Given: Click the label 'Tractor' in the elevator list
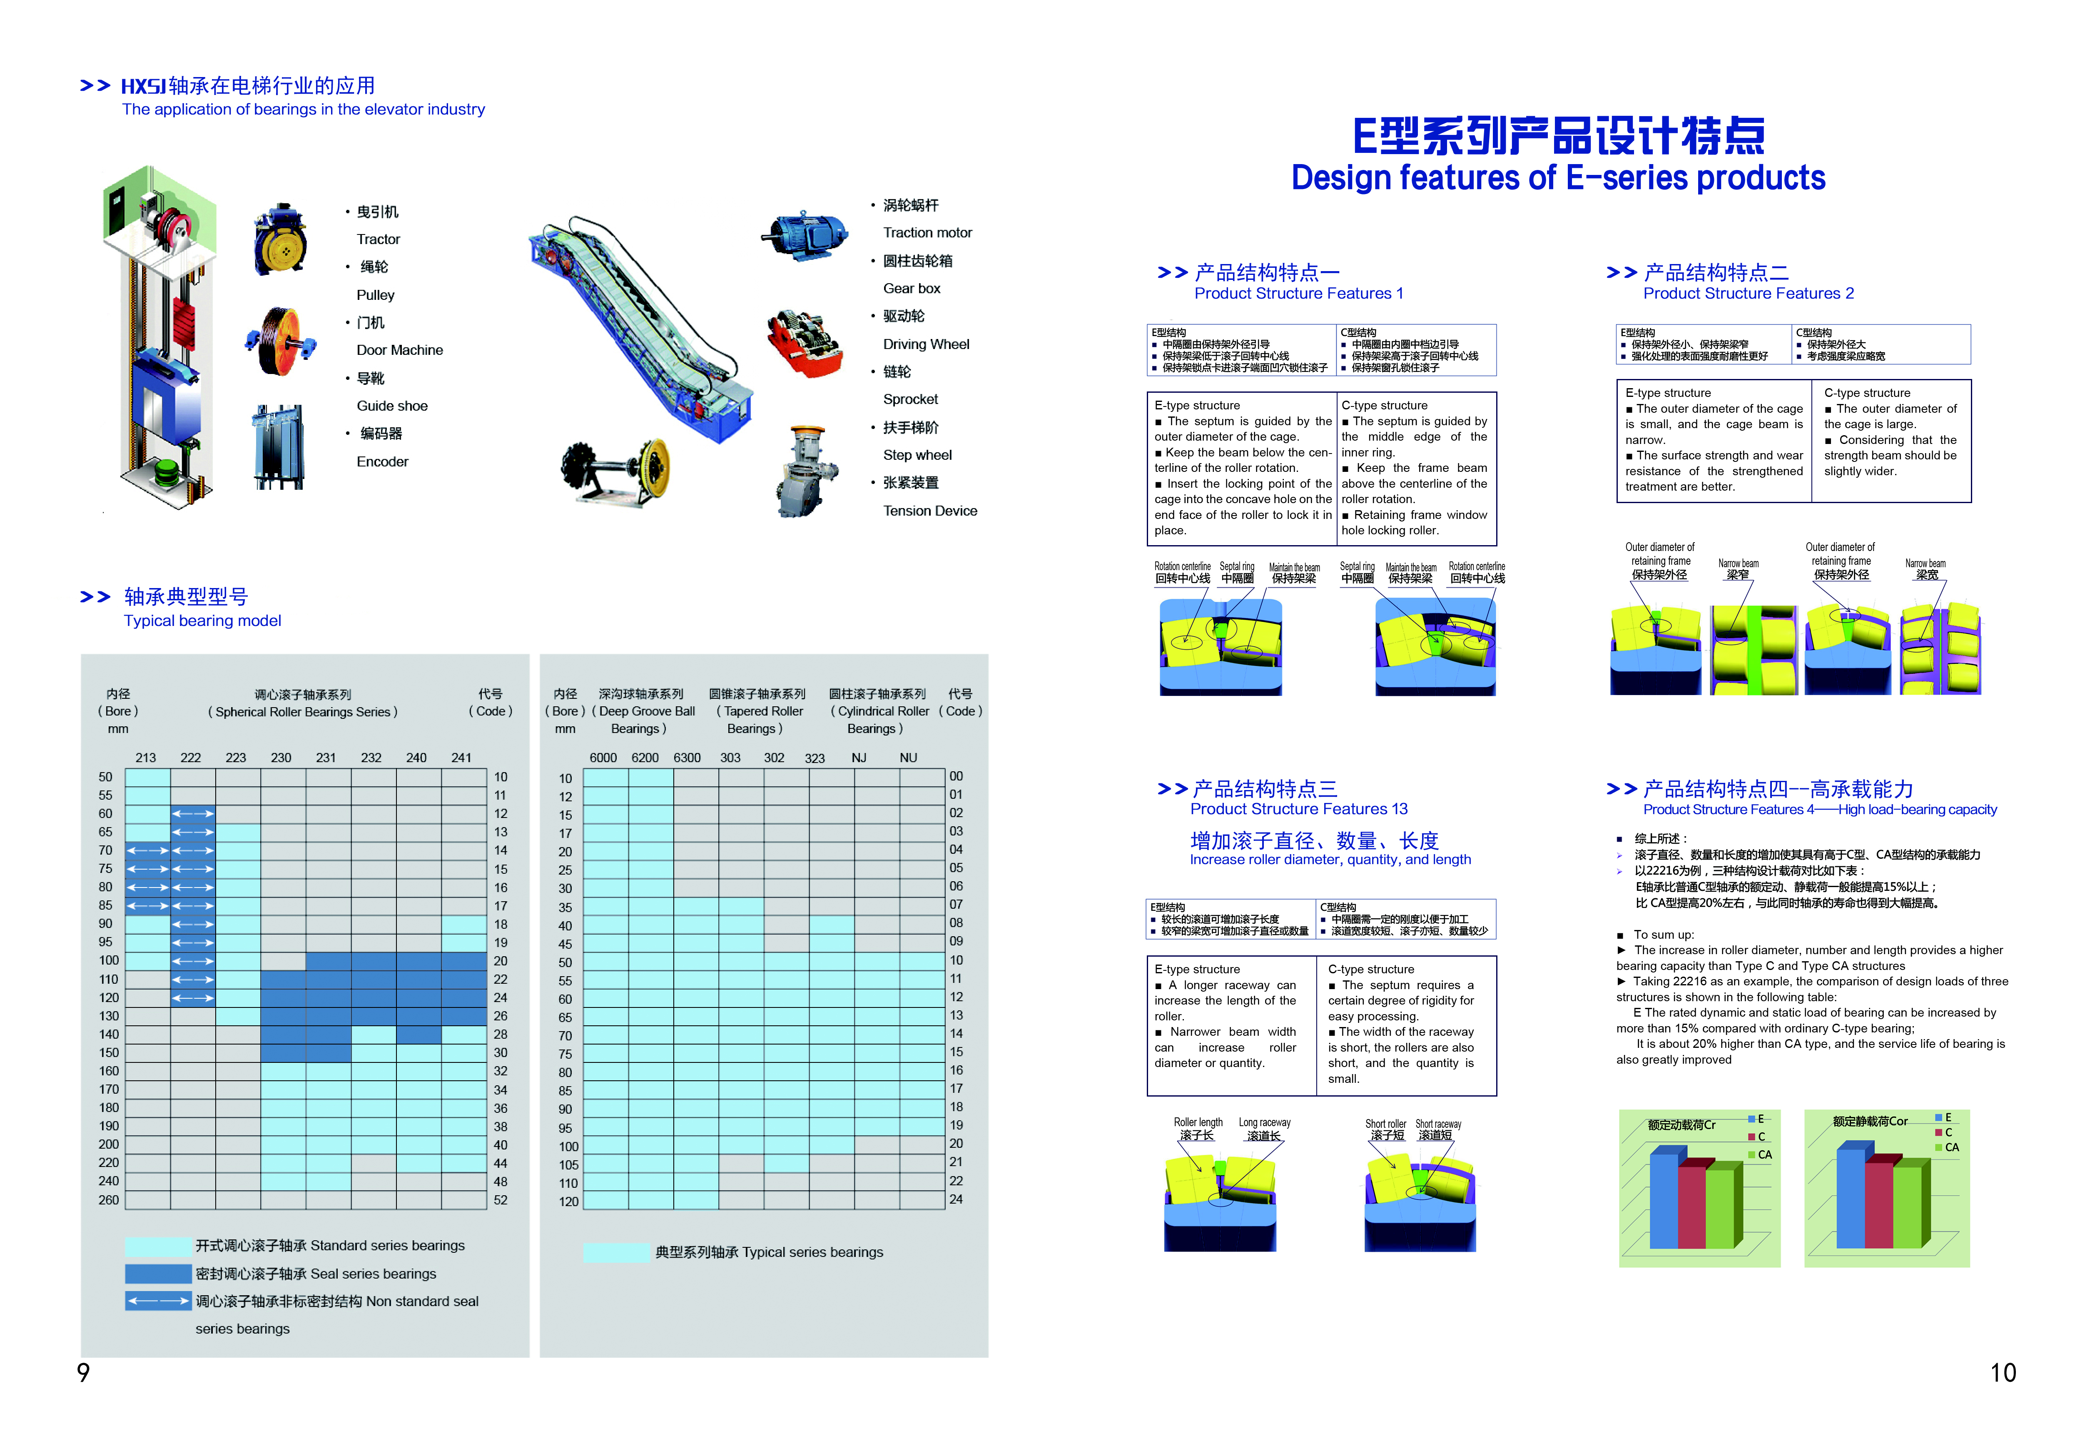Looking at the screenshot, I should pos(378,239).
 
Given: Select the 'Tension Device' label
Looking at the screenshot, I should pos(929,510).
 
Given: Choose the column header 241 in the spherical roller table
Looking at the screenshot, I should pos(461,758).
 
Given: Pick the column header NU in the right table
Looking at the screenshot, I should pos(908,758).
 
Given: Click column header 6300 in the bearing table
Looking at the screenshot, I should pos(687,758).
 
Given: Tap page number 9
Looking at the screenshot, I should pos(83,1372).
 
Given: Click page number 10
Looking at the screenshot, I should pos(2002,1372).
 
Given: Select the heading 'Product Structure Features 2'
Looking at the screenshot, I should pos(1748,293).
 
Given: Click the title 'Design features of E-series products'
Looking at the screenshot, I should pos(1558,178).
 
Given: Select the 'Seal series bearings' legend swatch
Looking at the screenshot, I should pos(158,1273).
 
